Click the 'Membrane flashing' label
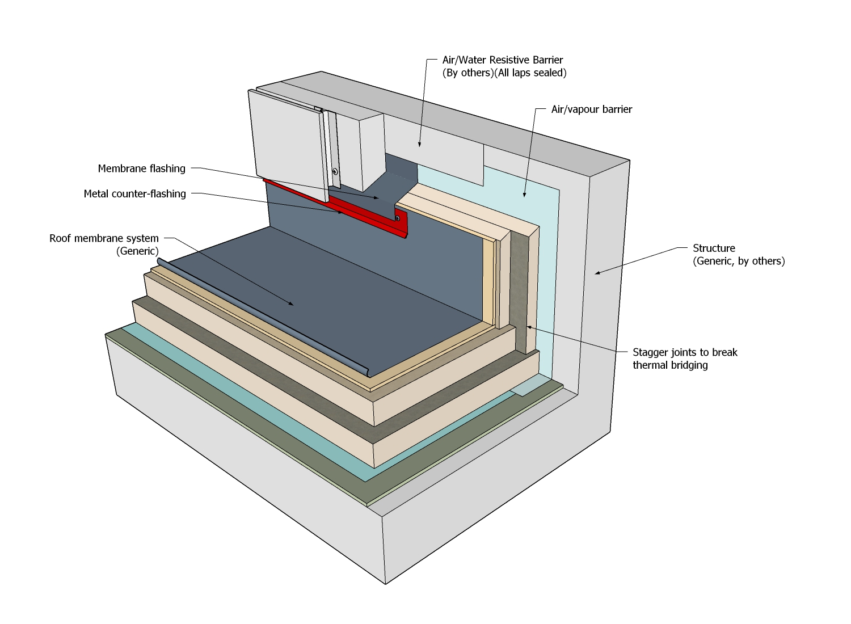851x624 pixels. pyautogui.click(x=141, y=168)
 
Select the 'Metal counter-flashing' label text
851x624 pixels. pyautogui.click(x=134, y=194)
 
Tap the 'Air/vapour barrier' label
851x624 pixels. pyautogui.click(x=592, y=109)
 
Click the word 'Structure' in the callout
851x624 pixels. pyautogui.click(x=714, y=248)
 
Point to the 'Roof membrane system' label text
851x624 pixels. pyautogui.click(x=104, y=238)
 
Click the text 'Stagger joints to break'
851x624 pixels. pyautogui.click(x=685, y=353)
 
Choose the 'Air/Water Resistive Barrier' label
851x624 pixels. pyautogui.click(x=503, y=60)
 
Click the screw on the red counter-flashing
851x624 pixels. pyautogui.click(x=397, y=218)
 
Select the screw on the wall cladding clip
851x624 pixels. pyautogui.click(x=335, y=172)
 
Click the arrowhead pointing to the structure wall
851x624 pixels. pyautogui.click(x=597, y=273)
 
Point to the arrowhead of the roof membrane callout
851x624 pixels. pyautogui.click(x=292, y=303)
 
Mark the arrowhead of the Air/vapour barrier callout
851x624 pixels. pyautogui.click(x=525, y=195)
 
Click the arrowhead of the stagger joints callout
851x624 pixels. pyautogui.click(x=528, y=327)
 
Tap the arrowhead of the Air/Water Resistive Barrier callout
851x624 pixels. pyautogui.click(x=419, y=144)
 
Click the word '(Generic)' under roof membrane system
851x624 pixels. pyautogui.click(x=137, y=251)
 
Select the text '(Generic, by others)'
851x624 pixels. pyautogui.click(x=739, y=262)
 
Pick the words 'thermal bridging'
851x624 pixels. pyautogui.click(x=670, y=365)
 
